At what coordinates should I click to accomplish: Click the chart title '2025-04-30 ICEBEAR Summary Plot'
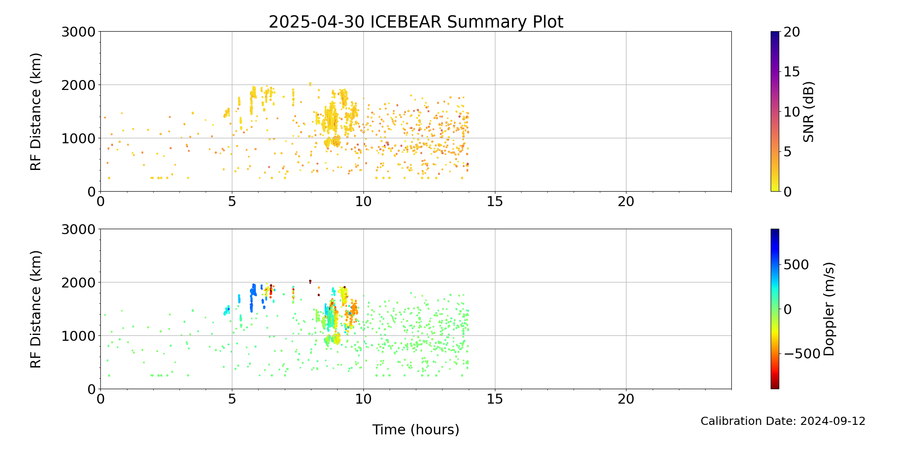click(x=416, y=22)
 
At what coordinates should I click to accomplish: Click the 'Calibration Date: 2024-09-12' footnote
click(x=783, y=421)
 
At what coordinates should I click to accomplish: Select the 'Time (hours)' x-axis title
click(x=416, y=430)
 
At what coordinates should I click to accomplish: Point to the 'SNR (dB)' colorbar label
click(x=809, y=112)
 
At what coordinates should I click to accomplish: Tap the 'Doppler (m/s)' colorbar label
click(x=829, y=309)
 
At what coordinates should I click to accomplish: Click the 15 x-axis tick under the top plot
click(x=495, y=202)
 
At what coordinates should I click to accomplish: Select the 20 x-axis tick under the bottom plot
click(x=626, y=399)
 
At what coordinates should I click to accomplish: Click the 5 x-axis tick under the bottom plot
click(x=232, y=399)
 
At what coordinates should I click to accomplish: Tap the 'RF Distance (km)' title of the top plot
click(x=36, y=112)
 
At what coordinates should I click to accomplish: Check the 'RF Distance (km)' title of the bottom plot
click(x=36, y=309)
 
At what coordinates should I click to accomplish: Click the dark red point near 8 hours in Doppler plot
click(x=310, y=281)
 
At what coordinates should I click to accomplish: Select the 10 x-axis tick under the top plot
click(x=363, y=202)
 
